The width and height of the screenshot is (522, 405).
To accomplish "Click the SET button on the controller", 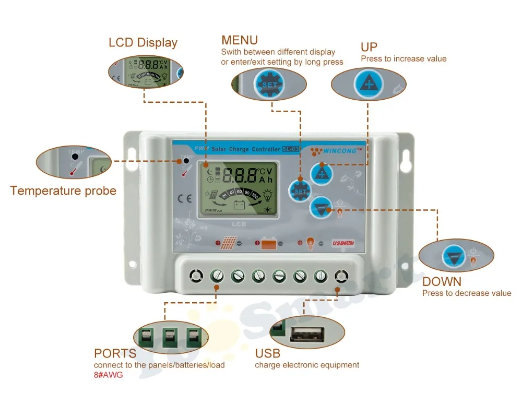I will click(300, 190).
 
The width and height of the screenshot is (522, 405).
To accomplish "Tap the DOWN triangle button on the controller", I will click(321, 208).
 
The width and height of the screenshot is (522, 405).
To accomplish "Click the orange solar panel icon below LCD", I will click(228, 243).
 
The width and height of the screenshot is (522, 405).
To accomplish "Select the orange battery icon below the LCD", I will click(268, 243).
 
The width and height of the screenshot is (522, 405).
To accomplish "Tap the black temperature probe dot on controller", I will click(186, 161).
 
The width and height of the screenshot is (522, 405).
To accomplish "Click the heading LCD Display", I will click(143, 43).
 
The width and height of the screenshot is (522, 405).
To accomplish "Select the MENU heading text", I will click(240, 40).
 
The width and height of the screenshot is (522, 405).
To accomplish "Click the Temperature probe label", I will click(63, 190).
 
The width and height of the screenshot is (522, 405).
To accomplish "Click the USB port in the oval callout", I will click(306, 333).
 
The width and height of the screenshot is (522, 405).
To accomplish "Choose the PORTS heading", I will click(115, 354).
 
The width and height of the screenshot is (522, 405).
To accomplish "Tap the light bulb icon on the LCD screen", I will click(267, 195).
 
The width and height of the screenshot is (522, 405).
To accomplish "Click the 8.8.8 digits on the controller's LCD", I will click(239, 175).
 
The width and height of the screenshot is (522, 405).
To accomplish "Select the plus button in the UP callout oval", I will click(369, 84).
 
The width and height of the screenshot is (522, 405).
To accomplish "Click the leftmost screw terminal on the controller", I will click(196, 275).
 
